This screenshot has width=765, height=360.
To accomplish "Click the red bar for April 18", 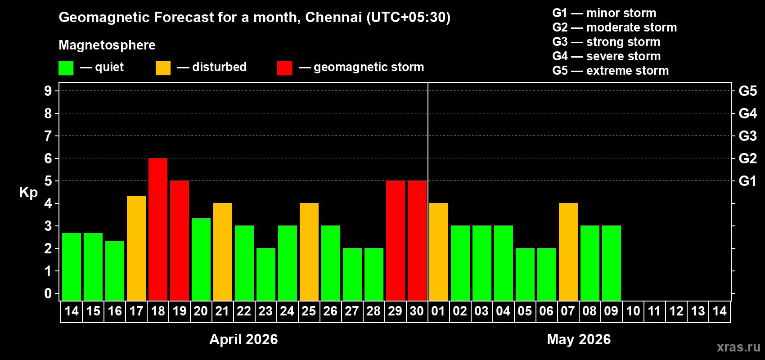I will coord(158,229).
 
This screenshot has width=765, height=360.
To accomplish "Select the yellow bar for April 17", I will coord(136,248).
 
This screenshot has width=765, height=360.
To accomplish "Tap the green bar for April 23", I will coord(266,274).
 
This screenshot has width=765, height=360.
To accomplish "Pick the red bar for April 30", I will coord(417,240).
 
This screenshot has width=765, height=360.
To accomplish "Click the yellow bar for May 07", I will coord(568,252).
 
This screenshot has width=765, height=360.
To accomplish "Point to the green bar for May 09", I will coord(612,263).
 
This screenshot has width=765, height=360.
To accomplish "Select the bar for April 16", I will coord(115,270).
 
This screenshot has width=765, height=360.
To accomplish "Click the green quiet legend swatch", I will coord(66,68).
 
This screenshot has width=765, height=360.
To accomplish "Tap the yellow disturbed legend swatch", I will coord(163,68).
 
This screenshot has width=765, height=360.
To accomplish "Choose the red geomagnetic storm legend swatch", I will coord(284,68).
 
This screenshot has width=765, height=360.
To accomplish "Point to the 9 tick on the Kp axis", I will coord(48,91).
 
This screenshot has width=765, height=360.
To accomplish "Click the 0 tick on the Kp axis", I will coord(48,293).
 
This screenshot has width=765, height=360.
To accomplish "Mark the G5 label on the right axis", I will coord(747,91).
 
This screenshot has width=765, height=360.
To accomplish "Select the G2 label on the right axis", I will coord(747,158).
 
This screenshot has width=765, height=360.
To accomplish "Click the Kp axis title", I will coord(28,192).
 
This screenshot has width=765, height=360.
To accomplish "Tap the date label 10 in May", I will coord(633,311).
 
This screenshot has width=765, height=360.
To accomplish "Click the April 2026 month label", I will coord(243,339).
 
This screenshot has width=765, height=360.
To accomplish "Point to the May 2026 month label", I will coord(579,339).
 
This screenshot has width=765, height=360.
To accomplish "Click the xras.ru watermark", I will coord(738,347).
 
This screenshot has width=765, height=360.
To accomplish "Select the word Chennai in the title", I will coord(333,17).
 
